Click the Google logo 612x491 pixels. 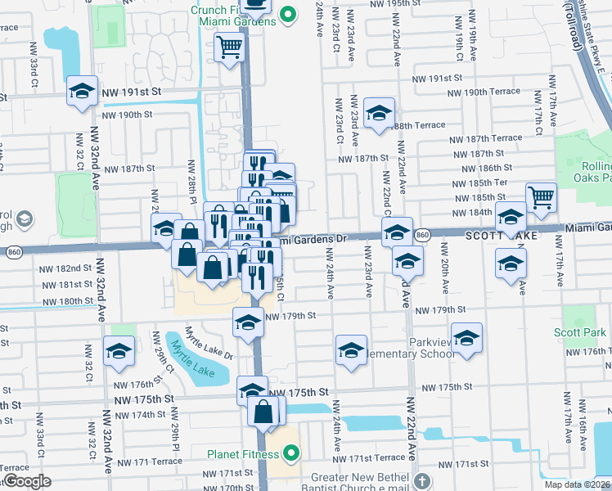(x=26, y=480)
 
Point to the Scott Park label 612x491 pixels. (x=580, y=332)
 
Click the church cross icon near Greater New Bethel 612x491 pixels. (x=421, y=480)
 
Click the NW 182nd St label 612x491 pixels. (x=65, y=268)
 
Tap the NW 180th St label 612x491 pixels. (x=66, y=301)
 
